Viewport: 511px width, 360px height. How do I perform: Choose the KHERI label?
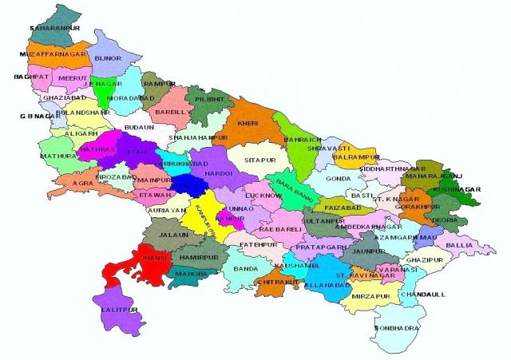pyautogui.click(x=248, y=125)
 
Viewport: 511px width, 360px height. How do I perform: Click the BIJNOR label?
pyautogui.click(x=108, y=59)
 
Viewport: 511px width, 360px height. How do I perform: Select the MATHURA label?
pyautogui.click(x=57, y=156)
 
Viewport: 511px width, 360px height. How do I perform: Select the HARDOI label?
pyautogui.click(x=218, y=172)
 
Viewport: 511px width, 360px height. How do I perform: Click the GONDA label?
pyautogui.click(x=338, y=179)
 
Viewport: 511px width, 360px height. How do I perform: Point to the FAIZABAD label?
pyautogui.click(x=344, y=207)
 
